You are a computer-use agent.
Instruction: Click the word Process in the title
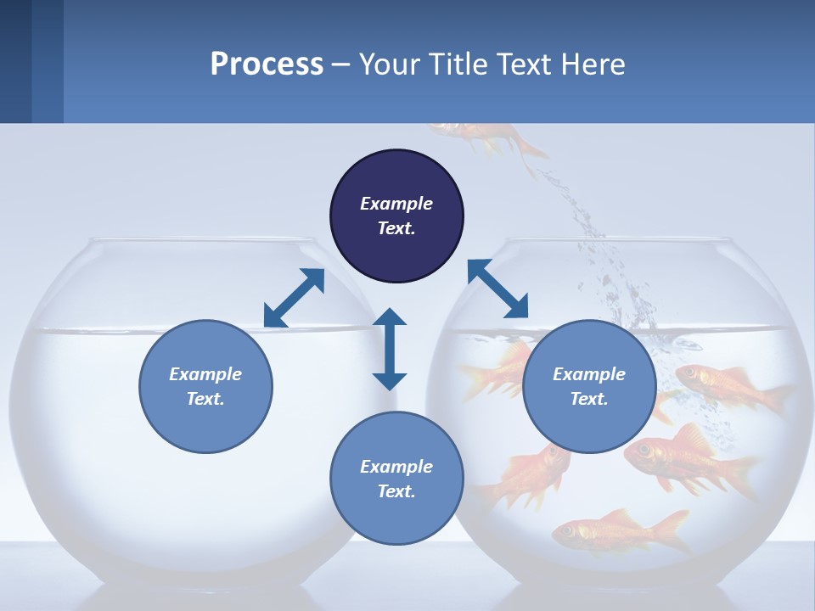267,64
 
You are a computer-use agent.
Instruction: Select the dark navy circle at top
396,216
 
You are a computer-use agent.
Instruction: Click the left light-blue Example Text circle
205,386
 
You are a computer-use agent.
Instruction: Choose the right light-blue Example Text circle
589,386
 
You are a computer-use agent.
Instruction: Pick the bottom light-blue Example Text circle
396,479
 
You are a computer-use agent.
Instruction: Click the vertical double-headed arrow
390,349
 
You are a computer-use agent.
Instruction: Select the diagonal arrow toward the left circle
294,298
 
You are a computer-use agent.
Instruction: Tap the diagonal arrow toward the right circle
497,289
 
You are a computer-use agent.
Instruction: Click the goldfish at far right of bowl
730,385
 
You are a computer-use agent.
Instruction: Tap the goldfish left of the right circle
497,368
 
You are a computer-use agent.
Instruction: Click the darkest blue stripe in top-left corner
15,61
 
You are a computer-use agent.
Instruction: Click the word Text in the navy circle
396,228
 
